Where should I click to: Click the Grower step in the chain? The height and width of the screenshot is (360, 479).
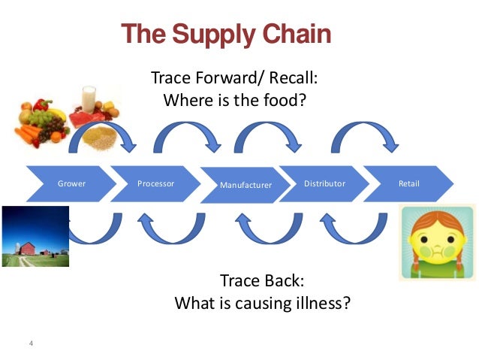(71, 183)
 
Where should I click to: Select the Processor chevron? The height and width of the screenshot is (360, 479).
(156, 183)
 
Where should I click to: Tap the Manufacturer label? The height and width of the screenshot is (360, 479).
(246, 184)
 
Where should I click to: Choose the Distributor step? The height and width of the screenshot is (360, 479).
(324, 183)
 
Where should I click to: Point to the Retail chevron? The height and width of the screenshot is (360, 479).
(409, 183)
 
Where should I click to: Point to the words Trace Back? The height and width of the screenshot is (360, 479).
(261, 282)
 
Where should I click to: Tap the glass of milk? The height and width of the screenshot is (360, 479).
(89, 98)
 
